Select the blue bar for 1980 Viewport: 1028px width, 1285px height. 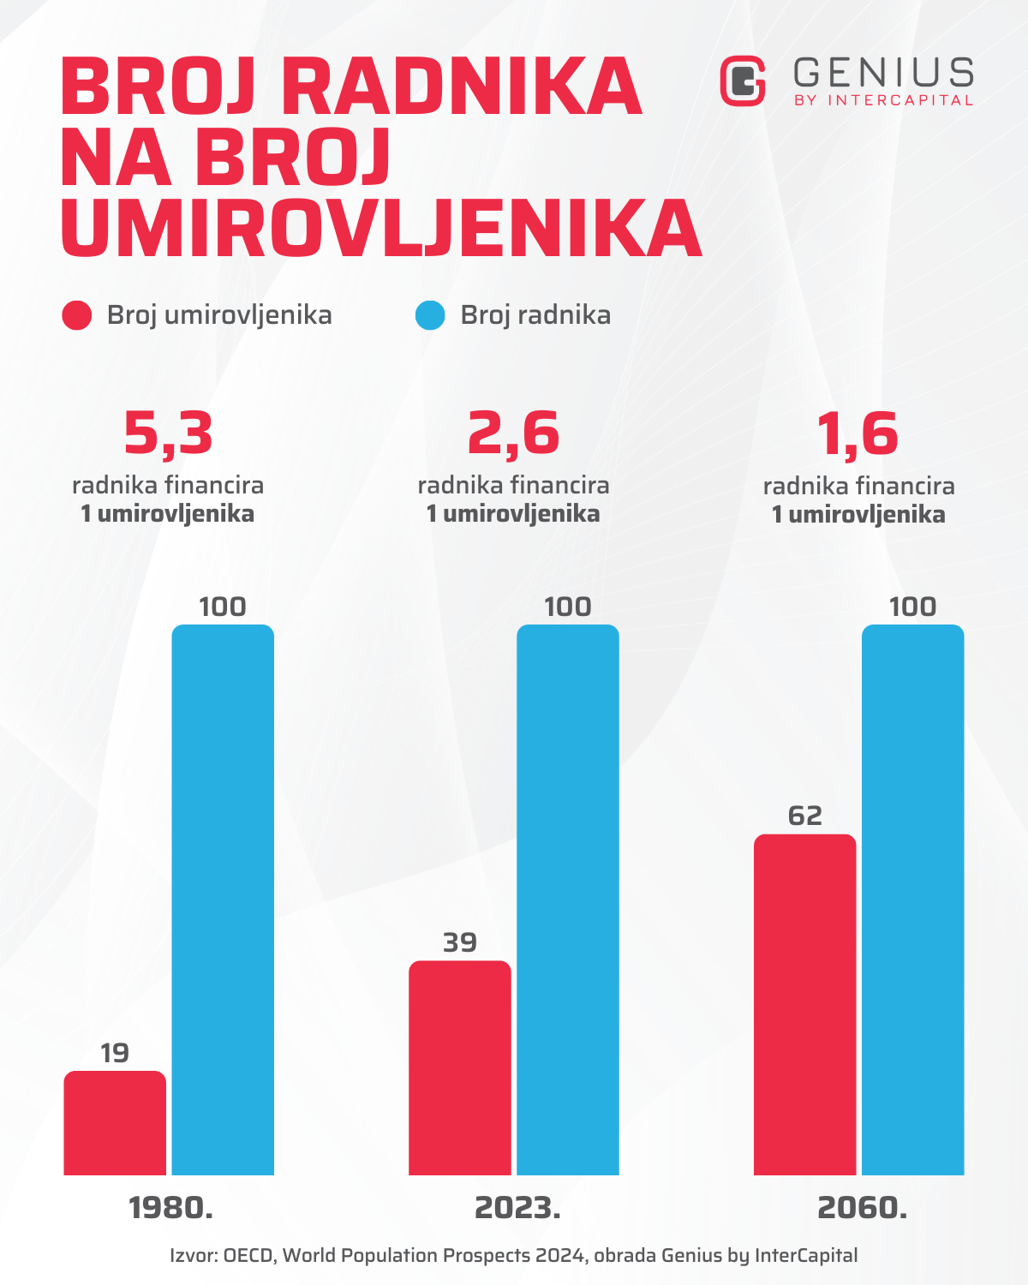click(223, 899)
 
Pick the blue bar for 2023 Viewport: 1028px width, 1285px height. click(568, 899)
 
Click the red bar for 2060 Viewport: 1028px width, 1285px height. click(805, 1004)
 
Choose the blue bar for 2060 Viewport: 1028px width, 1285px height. click(913, 899)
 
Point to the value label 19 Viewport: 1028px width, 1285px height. click(115, 1053)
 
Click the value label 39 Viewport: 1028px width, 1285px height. click(460, 942)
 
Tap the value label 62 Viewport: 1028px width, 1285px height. click(805, 816)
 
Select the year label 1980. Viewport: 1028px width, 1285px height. click(170, 1208)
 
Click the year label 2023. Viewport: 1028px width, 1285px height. click(517, 1208)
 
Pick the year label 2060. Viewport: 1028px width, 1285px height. click(863, 1208)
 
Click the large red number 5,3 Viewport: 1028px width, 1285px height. click(168, 433)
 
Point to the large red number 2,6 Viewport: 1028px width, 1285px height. click(513, 433)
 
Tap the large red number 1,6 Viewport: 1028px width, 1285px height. click(858, 433)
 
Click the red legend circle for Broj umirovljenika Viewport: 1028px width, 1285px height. click(77, 315)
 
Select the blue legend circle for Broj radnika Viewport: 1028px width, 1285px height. click(430, 315)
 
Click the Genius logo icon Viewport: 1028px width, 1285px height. click(743, 81)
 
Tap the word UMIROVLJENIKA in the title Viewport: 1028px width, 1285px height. click(381, 229)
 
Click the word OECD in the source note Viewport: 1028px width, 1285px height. click(249, 1256)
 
